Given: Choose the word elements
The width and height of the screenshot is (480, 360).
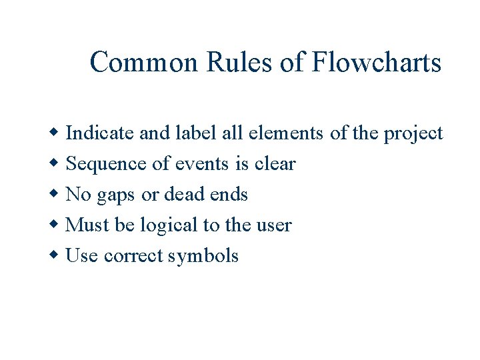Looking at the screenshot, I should pos(287,133).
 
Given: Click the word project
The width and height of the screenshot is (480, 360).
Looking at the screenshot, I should pos(413,134).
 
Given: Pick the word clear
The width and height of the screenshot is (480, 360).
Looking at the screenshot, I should pos(275,164).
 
